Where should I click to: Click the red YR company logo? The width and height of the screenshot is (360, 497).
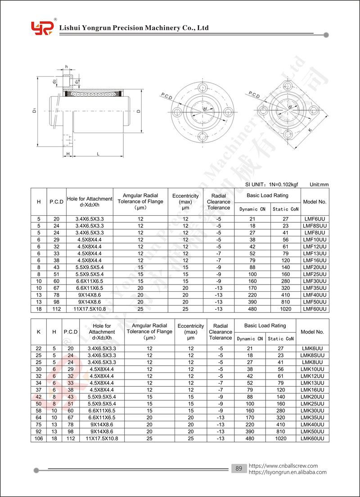(x=42, y=28)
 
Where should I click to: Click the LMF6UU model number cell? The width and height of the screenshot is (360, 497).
(x=314, y=219)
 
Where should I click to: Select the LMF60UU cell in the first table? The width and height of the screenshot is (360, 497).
(x=314, y=309)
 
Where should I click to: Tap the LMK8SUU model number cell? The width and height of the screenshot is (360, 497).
(x=312, y=356)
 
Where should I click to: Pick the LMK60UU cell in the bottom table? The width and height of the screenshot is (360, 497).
(x=312, y=438)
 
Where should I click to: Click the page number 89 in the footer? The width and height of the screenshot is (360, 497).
(x=238, y=469)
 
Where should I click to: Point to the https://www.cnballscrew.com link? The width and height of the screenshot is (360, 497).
(x=283, y=466)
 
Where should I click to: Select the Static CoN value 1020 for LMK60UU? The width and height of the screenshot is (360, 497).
(x=281, y=438)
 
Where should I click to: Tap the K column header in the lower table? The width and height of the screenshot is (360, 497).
(x=38, y=332)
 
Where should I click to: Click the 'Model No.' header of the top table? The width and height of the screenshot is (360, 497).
(x=315, y=202)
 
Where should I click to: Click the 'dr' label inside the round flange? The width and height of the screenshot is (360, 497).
(x=205, y=109)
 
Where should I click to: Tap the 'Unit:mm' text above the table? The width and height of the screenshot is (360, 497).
(x=319, y=185)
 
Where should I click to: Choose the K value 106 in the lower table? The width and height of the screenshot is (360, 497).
(x=38, y=438)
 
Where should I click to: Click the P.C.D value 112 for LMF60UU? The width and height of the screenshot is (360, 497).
(x=56, y=309)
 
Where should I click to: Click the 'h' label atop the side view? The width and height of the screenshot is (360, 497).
(x=67, y=67)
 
